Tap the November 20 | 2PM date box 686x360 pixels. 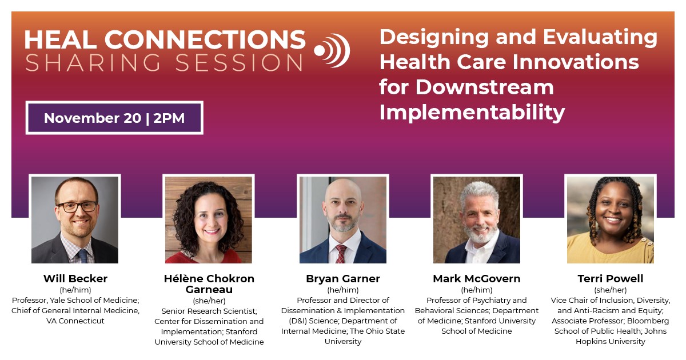[x=114, y=118]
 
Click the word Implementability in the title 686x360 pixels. [x=472, y=111]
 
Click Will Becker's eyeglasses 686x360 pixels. [x=76, y=206]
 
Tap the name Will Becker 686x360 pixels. [x=75, y=279]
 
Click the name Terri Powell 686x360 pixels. [x=610, y=279]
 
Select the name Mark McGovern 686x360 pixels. [x=476, y=279]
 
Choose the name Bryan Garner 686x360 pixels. [x=343, y=279]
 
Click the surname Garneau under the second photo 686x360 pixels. [x=209, y=290]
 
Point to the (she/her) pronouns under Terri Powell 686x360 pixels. [x=610, y=290]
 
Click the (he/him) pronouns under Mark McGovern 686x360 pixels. [x=476, y=290]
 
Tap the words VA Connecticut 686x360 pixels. [x=75, y=321]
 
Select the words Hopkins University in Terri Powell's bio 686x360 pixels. [x=610, y=341]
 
